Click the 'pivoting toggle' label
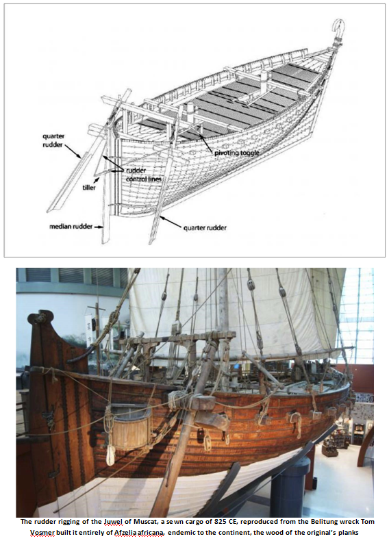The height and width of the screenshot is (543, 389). click(x=236, y=153)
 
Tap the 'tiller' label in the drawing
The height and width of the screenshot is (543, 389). click(x=89, y=188)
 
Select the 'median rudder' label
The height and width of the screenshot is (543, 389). click(x=71, y=227)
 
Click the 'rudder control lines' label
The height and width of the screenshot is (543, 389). click(x=143, y=175)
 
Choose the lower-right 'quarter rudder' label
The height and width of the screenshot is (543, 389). click(x=205, y=228)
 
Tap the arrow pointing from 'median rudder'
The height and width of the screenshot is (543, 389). click(x=99, y=227)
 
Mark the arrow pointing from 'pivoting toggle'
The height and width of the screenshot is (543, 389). click(x=205, y=142)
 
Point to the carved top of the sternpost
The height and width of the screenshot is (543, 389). click(x=41, y=318)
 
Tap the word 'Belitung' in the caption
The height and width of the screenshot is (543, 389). click(x=310, y=522)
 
